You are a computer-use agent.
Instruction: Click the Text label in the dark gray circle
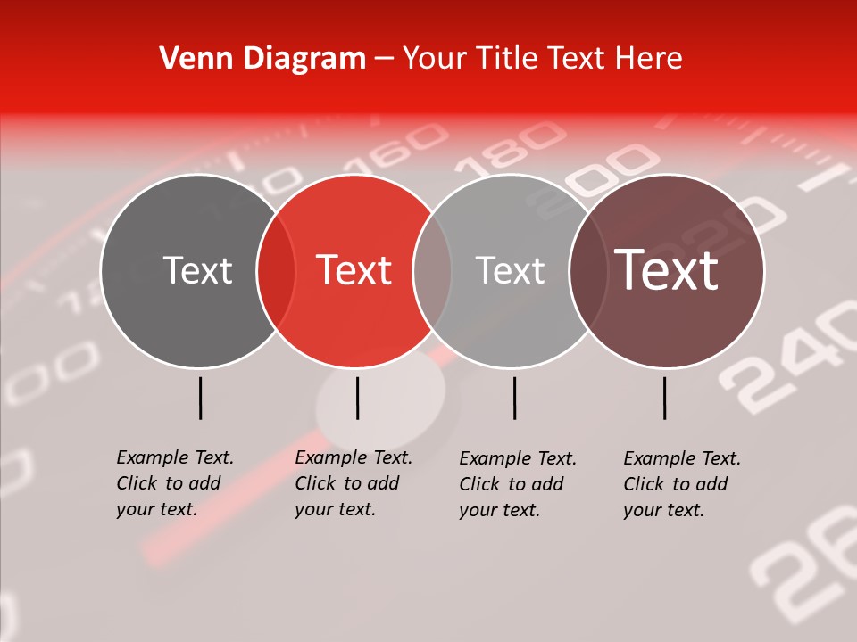[197, 270]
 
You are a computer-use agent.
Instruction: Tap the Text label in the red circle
[354, 270]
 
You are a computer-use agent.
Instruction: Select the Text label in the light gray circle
[510, 270]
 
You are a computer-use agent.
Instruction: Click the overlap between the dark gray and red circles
[276, 271]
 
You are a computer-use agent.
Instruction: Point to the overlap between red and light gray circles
[432, 271]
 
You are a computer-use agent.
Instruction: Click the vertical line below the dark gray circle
[201, 398]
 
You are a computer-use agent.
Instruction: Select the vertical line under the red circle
[357, 398]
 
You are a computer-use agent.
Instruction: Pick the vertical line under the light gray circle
[514, 398]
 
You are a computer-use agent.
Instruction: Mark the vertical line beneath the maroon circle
[665, 398]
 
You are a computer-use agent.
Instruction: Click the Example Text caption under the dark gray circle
[174, 483]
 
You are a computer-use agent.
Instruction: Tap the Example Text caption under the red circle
[353, 483]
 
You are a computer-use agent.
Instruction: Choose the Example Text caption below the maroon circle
[681, 483]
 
